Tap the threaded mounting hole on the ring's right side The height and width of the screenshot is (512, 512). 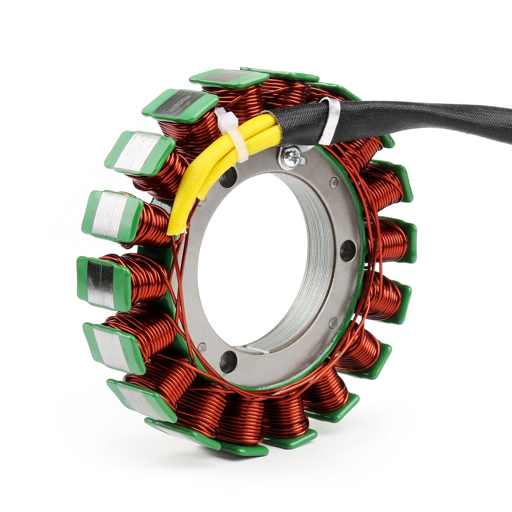[x=347, y=251]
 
